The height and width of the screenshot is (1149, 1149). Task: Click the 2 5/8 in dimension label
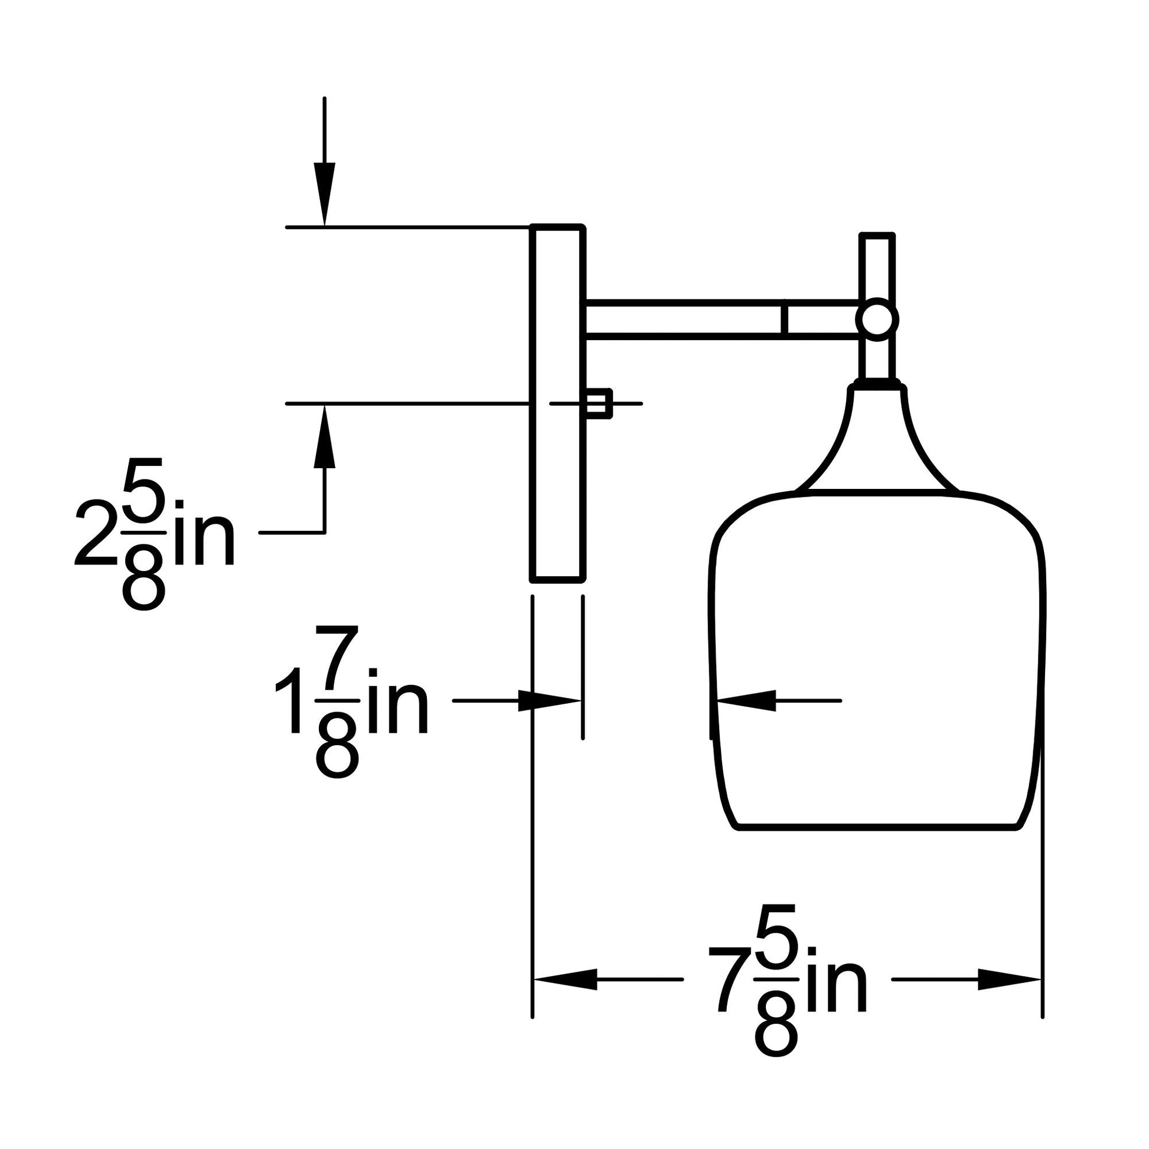[155, 534]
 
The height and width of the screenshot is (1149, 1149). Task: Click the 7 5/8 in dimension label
[788, 980]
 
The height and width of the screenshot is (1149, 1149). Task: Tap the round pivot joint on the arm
[877, 320]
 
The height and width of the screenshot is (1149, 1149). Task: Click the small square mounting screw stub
[598, 403]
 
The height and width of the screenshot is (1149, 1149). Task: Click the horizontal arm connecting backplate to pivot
[721, 319]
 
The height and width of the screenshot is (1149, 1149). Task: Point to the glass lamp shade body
[877, 660]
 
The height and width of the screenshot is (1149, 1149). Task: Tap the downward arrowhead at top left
[324, 194]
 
